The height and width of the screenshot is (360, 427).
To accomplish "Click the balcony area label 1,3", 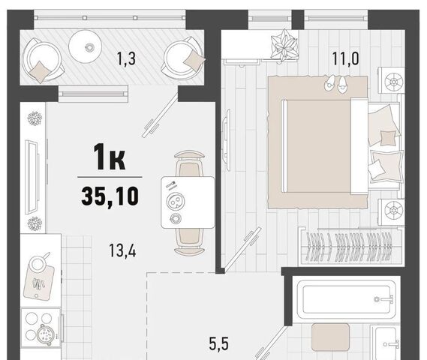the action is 126,59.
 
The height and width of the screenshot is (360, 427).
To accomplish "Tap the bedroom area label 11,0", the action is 345,58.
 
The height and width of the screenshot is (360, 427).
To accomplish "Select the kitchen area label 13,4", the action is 122,250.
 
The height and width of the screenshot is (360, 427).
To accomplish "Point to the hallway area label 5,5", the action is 218,343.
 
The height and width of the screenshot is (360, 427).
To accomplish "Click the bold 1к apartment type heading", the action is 110,157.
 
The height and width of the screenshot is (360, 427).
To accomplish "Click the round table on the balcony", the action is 85,46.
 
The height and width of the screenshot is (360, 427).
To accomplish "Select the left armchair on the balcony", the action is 41,61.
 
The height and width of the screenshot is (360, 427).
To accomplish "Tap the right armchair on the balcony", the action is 184,58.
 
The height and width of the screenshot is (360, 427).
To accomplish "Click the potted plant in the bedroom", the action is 284,46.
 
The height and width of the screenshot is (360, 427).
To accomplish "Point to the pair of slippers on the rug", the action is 336,84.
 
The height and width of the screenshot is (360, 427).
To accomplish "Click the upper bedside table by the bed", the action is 391,80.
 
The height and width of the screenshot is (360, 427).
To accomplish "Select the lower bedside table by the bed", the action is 391,211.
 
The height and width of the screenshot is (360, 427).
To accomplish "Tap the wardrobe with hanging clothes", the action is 350,247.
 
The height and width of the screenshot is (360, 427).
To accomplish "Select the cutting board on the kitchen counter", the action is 39,282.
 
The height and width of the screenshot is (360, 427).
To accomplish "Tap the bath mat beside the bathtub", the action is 330,337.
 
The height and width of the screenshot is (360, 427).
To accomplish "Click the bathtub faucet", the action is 384,299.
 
